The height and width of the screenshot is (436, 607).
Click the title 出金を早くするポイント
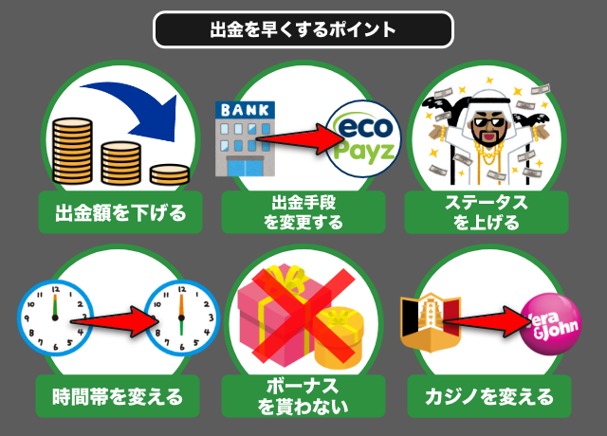(x=303, y=29)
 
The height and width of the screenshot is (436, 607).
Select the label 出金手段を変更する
(x=303, y=212)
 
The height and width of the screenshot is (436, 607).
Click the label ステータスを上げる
(x=487, y=212)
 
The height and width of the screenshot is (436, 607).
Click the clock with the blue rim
(x=54, y=319)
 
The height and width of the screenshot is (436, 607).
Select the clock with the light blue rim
(x=180, y=318)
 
